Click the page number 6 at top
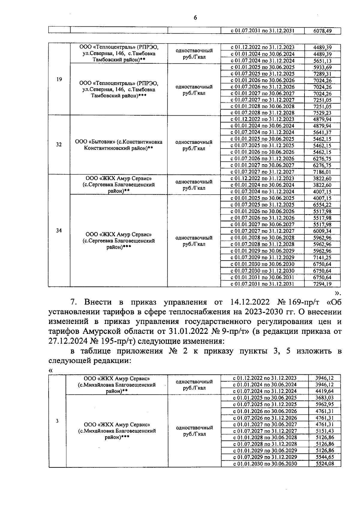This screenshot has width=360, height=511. click(x=195, y=18)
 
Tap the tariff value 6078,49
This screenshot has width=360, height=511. click(x=322, y=31)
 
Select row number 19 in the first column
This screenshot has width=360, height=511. click(x=59, y=80)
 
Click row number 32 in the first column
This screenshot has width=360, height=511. click(x=59, y=145)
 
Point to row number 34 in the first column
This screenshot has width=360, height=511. click(x=59, y=231)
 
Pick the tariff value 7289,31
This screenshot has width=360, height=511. click(x=322, y=74)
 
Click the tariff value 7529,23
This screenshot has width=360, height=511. click(x=322, y=113)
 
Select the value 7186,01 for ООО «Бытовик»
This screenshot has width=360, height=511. click(x=322, y=172)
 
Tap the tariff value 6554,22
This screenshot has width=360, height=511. click(x=322, y=205)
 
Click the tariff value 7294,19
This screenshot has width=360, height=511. click(x=322, y=284)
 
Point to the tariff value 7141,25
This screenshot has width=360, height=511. click(x=322, y=258)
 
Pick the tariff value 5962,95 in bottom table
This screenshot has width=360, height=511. click(x=325, y=404)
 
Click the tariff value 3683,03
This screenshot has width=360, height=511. click(x=325, y=398)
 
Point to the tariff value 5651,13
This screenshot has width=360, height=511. click(x=322, y=61)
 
